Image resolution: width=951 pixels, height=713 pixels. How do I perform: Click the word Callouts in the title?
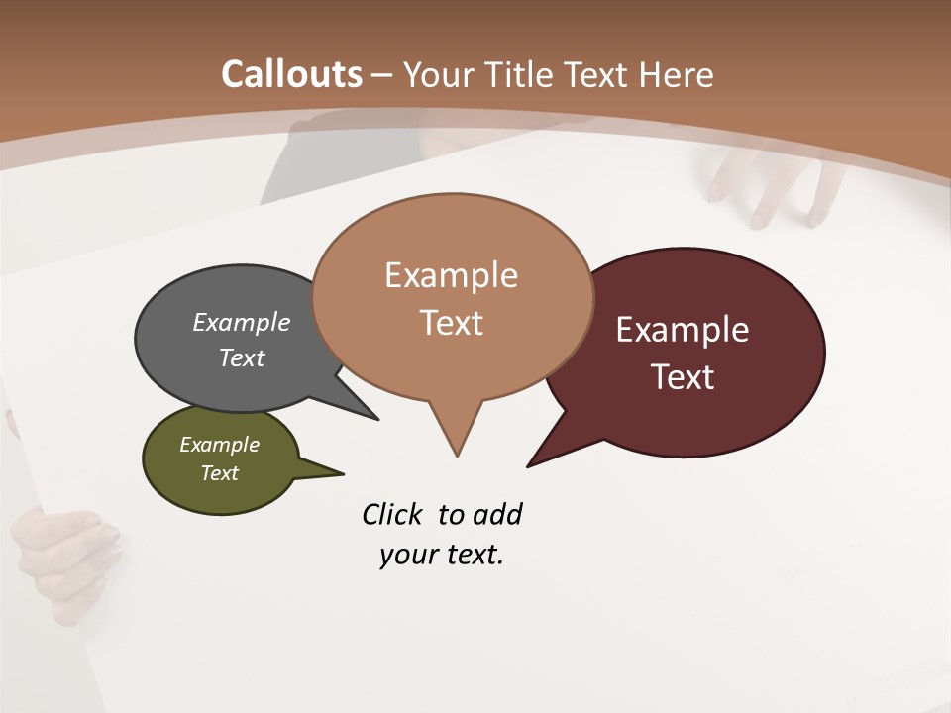coord(291,74)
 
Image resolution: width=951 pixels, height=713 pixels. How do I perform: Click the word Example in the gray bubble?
coord(242,322)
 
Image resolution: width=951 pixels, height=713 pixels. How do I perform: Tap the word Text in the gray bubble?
coord(242,357)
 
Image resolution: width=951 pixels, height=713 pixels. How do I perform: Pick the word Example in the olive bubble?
coord(220,445)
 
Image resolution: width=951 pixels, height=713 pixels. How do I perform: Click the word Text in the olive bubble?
coord(220,473)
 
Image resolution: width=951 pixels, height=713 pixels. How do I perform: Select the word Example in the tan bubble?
coord(452,275)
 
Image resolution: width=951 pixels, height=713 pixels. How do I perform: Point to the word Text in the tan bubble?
coord(452,323)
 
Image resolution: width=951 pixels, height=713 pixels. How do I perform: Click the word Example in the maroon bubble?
coord(683,330)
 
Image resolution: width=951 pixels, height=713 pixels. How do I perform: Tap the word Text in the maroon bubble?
coord(683,377)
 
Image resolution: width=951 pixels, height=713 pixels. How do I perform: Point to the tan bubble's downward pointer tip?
coord(457,451)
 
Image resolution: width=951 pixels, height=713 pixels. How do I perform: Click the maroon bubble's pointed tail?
coord(535,460)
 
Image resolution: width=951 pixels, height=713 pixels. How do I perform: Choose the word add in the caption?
coord(497,515)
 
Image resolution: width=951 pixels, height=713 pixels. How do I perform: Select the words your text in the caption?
coord(442,555)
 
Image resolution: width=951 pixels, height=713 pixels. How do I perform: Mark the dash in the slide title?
coord(382,74)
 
